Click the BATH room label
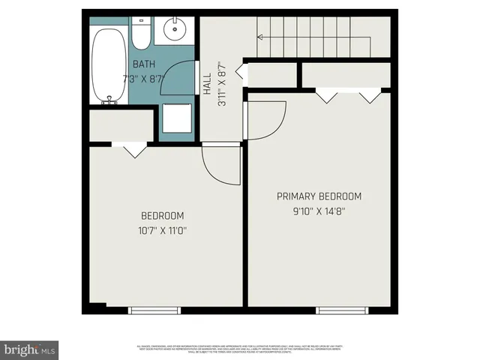(145, 64)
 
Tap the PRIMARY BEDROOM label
(319, 196)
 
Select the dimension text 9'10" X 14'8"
(319, 211)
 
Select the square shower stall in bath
(178, 121)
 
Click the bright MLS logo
(30, 349)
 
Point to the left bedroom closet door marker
(133, 150)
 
